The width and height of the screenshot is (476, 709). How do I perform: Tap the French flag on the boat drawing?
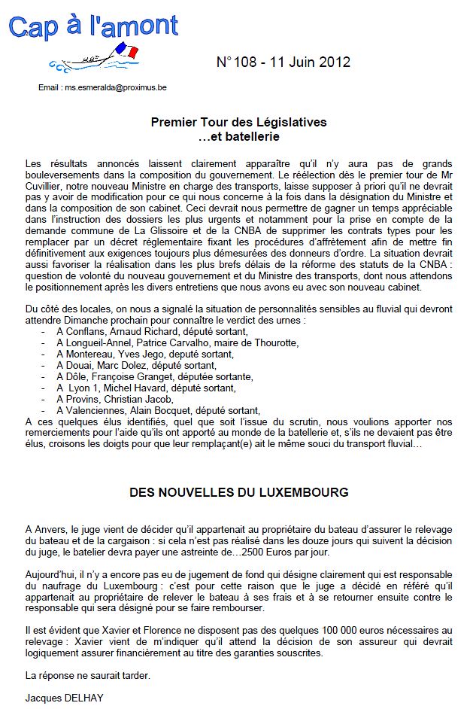(128, 51)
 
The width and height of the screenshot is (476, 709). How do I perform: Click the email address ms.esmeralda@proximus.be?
(115, 87)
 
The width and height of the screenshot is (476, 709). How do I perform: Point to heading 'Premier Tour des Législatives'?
(238, 122)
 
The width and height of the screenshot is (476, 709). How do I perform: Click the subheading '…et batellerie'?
(238, 136)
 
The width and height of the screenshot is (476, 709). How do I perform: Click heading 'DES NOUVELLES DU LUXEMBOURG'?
(238, 493)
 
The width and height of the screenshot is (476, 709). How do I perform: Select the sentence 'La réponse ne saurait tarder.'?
(86, 675)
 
